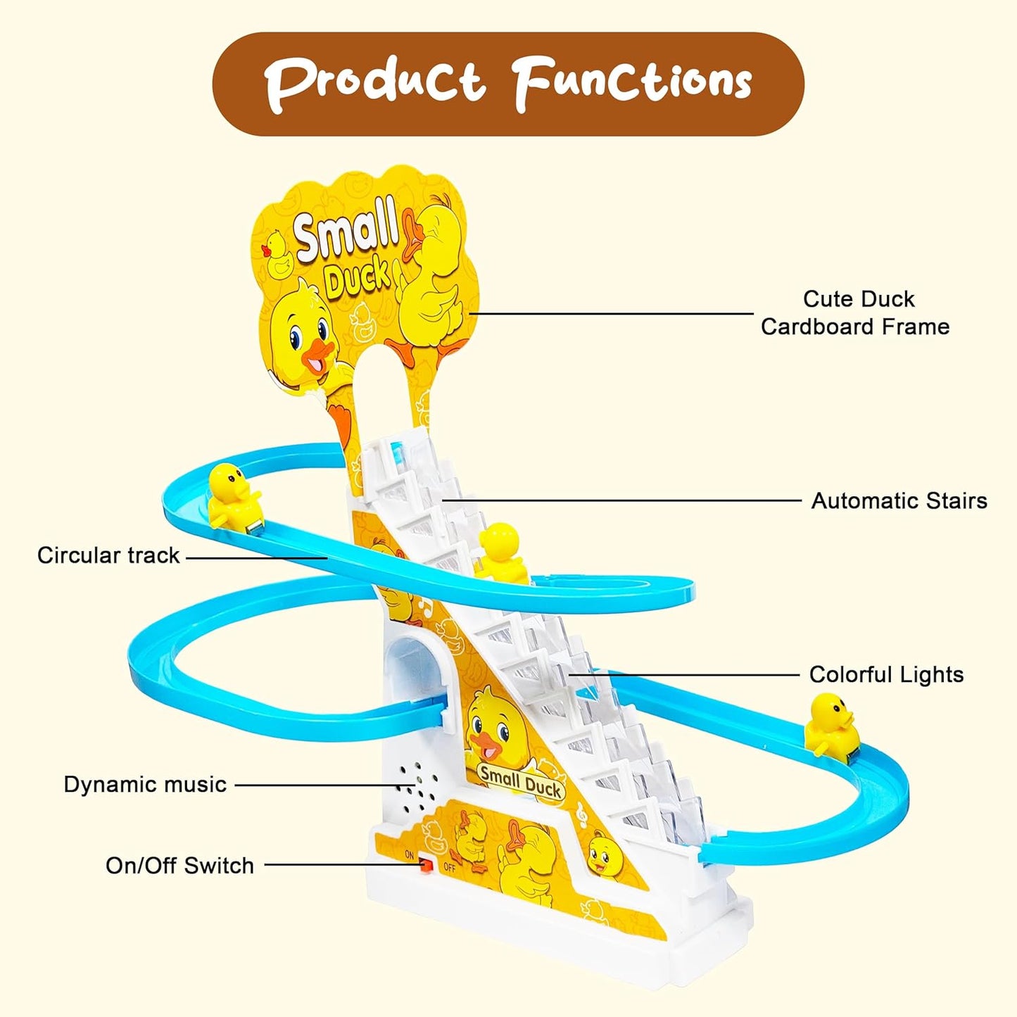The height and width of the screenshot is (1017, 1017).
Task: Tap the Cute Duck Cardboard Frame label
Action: [x=856, y=312]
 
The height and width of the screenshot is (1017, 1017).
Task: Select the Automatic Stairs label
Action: [x=899, y=500]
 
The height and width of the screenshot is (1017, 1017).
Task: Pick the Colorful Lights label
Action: [x=886, y=674]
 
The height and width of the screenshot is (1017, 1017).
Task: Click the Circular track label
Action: [x=108, y=555]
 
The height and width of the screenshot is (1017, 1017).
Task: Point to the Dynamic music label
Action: [x=145, y=784]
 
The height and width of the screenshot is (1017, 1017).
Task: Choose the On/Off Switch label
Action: [x=179, y=865]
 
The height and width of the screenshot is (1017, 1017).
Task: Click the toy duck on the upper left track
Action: [x=234, y=495]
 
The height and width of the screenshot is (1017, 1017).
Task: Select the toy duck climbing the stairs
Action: [x=501, y=552]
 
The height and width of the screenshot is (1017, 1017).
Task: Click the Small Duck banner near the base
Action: [x=521, y=781]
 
